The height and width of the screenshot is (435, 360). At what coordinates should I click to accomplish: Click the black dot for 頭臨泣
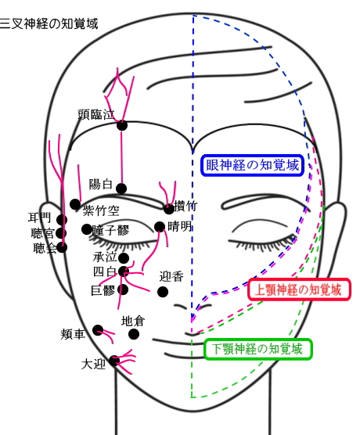[x=122, y=125]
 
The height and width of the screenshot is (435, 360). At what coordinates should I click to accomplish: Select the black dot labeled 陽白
[x=121, y=189]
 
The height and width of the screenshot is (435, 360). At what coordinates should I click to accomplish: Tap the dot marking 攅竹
[x=168, y=209]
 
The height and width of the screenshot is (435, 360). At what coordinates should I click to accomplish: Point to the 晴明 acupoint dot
[x=160, y=227]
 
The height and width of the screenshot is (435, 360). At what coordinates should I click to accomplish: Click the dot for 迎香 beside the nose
[x=163, y=292]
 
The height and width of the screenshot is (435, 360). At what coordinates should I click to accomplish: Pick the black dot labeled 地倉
[x=134, y=334]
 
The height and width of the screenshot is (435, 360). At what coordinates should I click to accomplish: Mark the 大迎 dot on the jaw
[x=114, y=361]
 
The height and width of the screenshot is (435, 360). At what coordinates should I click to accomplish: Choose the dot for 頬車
[x=98, y=330]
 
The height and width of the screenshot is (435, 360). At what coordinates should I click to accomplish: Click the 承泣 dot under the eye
[x=124, y=258]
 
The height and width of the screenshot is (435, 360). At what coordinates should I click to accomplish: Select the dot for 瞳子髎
[x=87, y=229]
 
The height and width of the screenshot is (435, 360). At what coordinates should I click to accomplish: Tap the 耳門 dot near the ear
[x=62, y=220]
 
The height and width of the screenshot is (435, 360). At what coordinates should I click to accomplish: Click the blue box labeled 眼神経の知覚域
[x=252, y=165]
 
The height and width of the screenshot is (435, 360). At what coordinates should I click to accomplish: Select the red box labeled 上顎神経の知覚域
[x=299, y=289]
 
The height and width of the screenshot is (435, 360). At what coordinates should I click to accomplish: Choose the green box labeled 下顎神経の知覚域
[x=257, y=349]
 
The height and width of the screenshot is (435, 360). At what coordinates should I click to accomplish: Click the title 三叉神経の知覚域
[x=49, y=23]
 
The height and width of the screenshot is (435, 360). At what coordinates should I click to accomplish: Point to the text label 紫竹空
[x=101, y=210]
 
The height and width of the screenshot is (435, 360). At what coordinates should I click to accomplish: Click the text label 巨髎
[x=103, y=290]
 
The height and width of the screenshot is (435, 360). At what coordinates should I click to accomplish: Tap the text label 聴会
[x=45, y=248]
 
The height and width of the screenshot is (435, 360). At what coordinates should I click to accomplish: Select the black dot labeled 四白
[x=124, y=271]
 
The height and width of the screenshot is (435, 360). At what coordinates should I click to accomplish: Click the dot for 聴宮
[x=61, y=233]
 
